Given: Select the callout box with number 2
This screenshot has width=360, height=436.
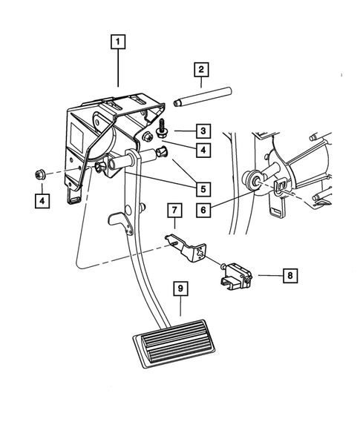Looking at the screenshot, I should pyautogui.click(x=200, y=70).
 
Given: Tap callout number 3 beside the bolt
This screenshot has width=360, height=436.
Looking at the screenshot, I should pyautogui.click(x=203, y=131).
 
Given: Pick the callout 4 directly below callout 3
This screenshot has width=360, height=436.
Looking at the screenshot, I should pyautogui.click(x=203, y=151).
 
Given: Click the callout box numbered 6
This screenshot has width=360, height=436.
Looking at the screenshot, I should pyautogui.click(x=203, y=211).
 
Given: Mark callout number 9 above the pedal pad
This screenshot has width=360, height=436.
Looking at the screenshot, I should pyautogui.click(x=178, y=290).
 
